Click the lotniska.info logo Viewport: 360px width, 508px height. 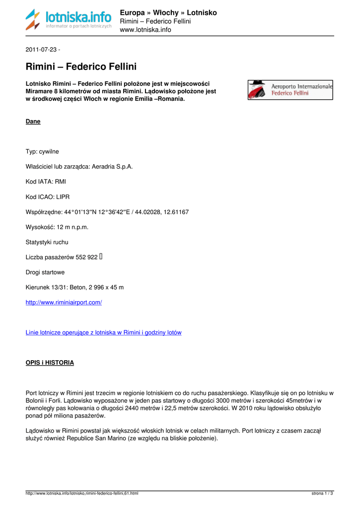(69, 20)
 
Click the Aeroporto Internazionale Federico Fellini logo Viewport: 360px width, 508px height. (290, 90)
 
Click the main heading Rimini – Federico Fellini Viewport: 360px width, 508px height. (81, 66)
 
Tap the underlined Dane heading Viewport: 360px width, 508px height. (33, 122)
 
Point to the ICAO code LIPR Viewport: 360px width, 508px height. (63, 197)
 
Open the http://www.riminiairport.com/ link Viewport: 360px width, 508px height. (64, 302)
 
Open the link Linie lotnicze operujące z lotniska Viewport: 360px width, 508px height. (103, 332)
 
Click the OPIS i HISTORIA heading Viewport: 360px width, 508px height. (50, 363)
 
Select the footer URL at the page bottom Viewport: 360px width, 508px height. (82, 494)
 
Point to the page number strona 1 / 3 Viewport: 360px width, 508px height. (322, 494)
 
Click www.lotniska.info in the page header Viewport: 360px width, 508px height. (145, 30)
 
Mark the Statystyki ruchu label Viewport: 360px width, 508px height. (47, 242)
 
